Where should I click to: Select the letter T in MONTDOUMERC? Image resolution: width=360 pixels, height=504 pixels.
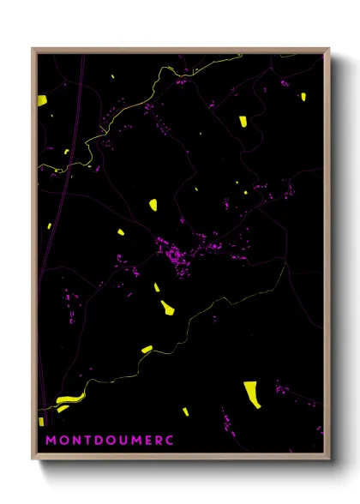[85, 441]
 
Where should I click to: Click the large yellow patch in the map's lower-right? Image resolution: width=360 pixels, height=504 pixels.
[252, 393]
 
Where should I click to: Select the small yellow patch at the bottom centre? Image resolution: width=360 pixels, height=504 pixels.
[185, 411]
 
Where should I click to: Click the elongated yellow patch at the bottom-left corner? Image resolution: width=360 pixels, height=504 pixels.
[67, 399]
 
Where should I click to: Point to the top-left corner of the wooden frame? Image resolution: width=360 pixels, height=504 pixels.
[33, 50]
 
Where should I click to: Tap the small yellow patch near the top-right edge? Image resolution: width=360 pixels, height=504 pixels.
[302, 97]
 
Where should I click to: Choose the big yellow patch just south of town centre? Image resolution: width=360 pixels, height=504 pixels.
[167, 306]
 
